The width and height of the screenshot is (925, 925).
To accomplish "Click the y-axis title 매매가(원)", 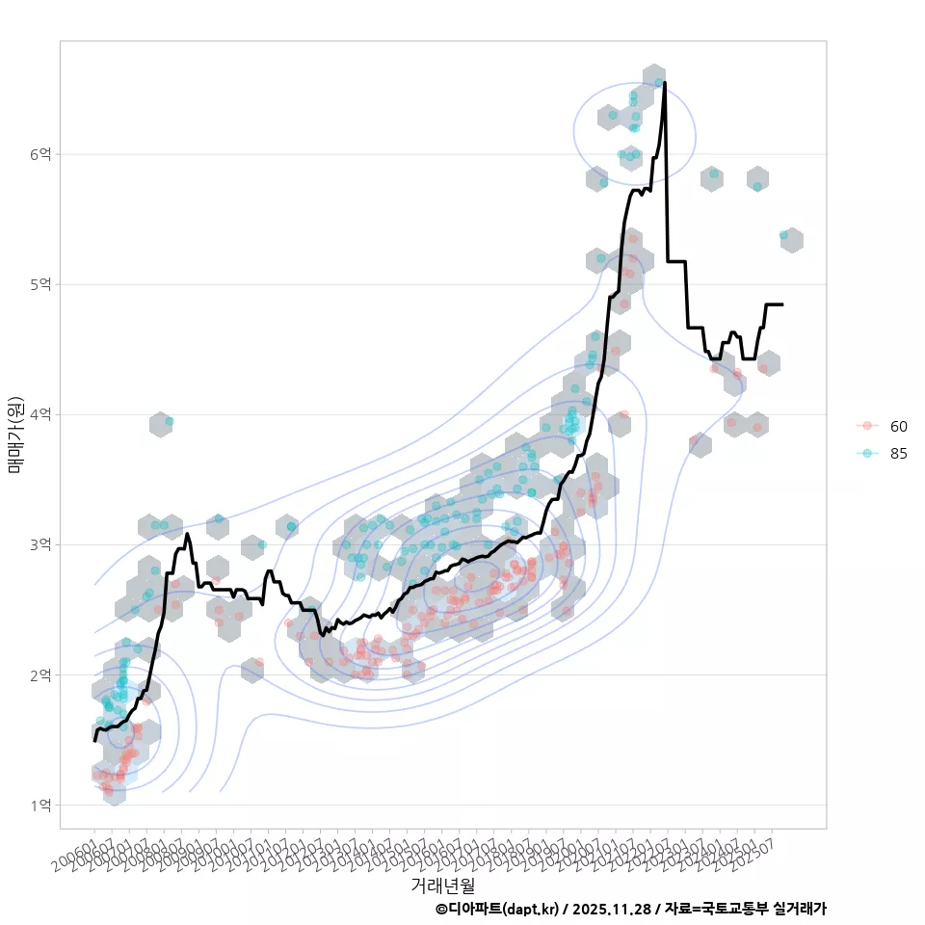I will point(15,434).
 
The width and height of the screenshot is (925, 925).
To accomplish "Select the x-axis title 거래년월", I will point(442,885).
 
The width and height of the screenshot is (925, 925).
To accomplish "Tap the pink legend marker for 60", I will point(867,426).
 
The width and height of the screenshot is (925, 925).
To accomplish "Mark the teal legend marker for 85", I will point(867,453).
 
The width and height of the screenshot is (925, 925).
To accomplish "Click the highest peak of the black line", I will point(665,83).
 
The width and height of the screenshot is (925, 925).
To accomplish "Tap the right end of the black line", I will point(782,304).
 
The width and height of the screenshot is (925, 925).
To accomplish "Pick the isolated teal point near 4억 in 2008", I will point(169,421).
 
